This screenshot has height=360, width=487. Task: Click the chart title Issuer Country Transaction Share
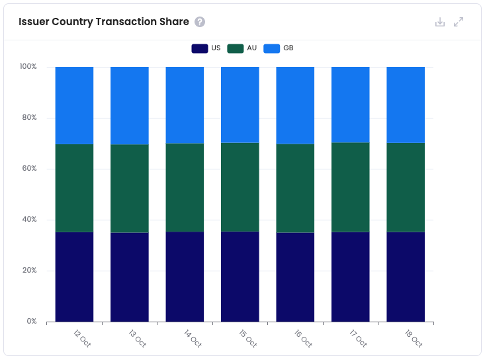point(104,22)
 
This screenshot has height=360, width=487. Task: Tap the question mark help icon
point(200,22)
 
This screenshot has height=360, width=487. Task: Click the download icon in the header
point(440,22)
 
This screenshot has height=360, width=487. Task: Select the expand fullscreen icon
point(459,22)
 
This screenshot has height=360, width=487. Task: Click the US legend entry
point(206,48)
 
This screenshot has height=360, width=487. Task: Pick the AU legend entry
point(242,48)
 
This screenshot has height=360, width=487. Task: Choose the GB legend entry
point(278,48)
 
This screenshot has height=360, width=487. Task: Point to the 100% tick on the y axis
point(28,67)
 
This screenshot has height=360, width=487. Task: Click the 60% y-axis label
point(28,169)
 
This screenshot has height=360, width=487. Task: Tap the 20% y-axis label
point(28,271)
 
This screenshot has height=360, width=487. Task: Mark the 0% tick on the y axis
point(31,322)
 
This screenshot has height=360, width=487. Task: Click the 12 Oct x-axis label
point(82,338)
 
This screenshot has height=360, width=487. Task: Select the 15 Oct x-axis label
point(248,338)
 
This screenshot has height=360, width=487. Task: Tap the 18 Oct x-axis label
point(414,338)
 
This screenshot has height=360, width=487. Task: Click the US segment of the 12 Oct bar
point(74,277)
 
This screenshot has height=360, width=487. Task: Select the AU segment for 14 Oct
point(185,187)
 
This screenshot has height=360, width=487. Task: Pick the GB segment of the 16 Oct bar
point(295,105)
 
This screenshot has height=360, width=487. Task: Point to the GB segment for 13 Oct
point(130,105)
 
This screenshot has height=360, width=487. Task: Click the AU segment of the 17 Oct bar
point(350,187)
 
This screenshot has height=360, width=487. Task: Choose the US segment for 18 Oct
point(406,277)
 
